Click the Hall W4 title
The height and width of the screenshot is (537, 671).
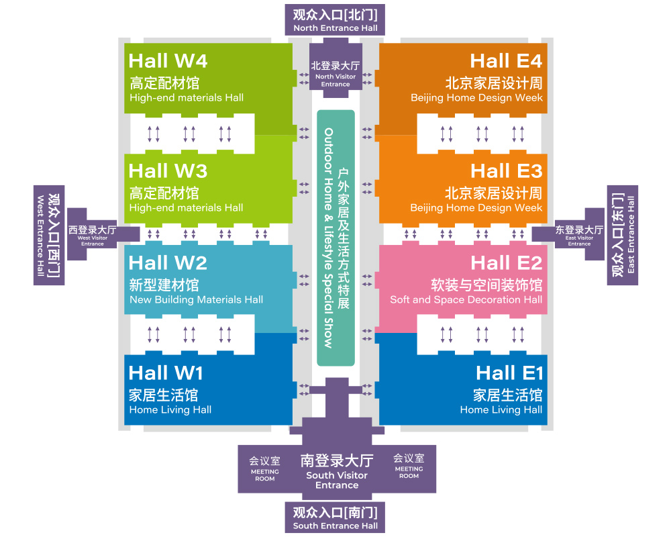point(168,60)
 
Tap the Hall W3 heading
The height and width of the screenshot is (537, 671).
point(168,170)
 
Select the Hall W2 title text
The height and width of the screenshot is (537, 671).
point(168,262)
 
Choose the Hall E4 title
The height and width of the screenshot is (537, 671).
point(506,60)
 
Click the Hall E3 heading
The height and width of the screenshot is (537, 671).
point(506,170)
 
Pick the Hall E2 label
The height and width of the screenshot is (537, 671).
point(506,262)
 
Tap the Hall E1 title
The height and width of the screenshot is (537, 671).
point(509,373)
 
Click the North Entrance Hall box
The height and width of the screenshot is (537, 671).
point(335,20)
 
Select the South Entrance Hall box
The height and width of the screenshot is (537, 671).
point(335,518)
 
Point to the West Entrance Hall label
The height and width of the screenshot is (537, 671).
point(49,236)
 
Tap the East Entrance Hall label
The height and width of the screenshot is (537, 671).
point(623,235)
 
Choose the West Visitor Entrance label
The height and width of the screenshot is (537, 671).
point(93,235)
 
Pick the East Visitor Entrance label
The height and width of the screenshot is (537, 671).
point(579,235)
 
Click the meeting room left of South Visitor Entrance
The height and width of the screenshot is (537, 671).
point(265,469)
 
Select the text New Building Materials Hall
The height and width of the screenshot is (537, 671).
point(196,299)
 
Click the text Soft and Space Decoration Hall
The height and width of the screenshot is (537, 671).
point(466,299)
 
